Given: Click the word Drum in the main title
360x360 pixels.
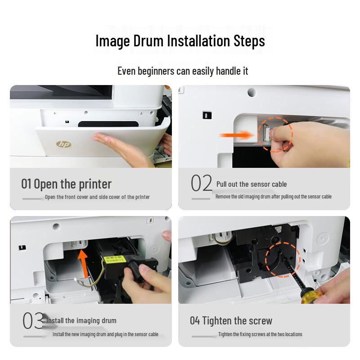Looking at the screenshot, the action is [x=148, y=41].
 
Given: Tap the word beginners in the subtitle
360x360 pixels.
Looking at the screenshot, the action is [x=156, y=71].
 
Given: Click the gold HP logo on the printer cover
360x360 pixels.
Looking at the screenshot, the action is [x=63, y=144].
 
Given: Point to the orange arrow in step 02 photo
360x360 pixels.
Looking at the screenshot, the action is [x=236, y=135].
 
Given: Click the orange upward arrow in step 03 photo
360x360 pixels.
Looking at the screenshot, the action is [x=83, y=264].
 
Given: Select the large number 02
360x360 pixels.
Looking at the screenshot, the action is [x=202, y=183].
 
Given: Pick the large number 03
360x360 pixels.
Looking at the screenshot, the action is [x=33, y=320].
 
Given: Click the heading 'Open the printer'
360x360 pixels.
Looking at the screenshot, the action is [x=72, y=184].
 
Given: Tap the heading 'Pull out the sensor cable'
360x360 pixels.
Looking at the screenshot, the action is [x=252, y=184].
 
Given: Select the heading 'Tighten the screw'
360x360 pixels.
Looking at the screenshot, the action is [x=237, y=321].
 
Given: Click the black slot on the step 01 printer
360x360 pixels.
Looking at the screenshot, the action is [x=108, y=124].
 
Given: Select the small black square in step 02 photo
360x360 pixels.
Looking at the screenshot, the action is [x=207, y=115].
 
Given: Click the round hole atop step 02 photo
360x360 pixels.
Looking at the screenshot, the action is [x=252, y=92].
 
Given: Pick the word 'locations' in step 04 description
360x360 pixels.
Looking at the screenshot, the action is [x=294, y=334].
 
